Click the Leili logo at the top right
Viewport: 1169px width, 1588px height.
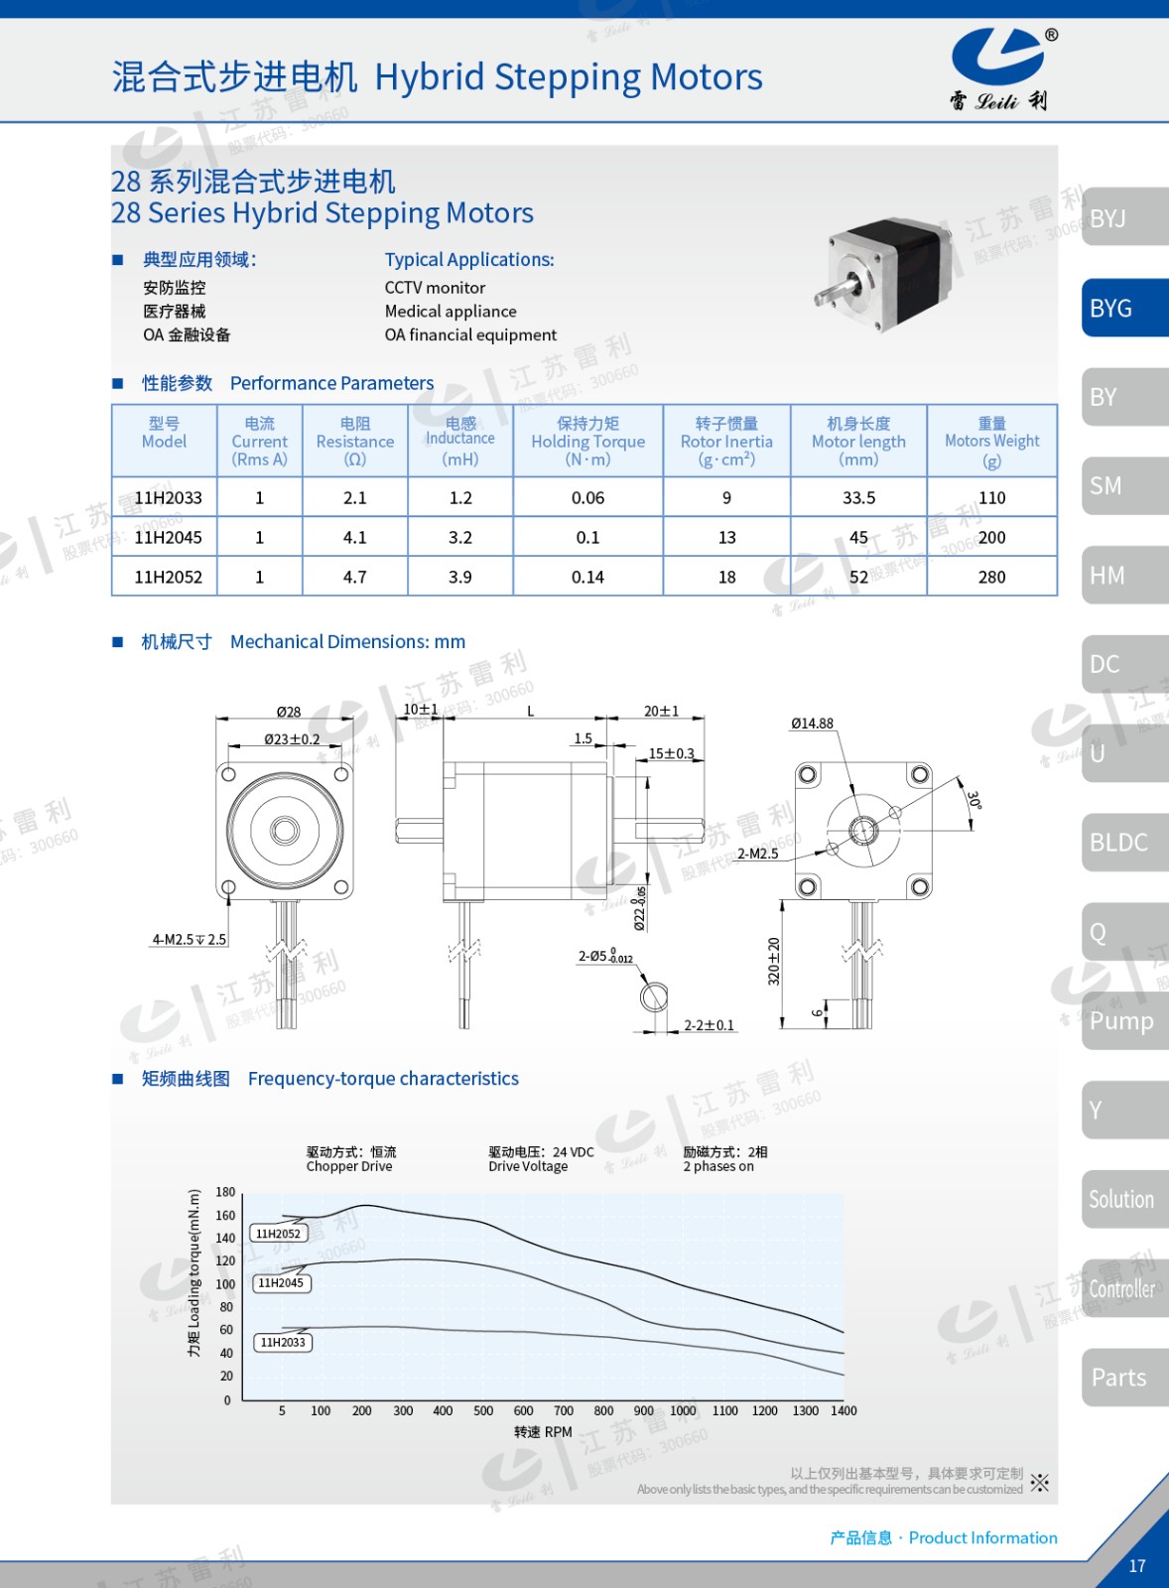[1001, 69]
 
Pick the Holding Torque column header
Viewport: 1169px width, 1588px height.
[587, 441]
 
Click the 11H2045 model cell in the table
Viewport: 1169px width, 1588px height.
[168, 537]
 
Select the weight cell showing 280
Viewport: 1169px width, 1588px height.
[991, 577]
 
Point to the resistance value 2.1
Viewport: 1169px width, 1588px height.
[354, 497]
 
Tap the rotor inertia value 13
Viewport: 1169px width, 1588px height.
[726, 537]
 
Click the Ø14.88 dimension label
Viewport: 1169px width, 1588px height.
[813, 724]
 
